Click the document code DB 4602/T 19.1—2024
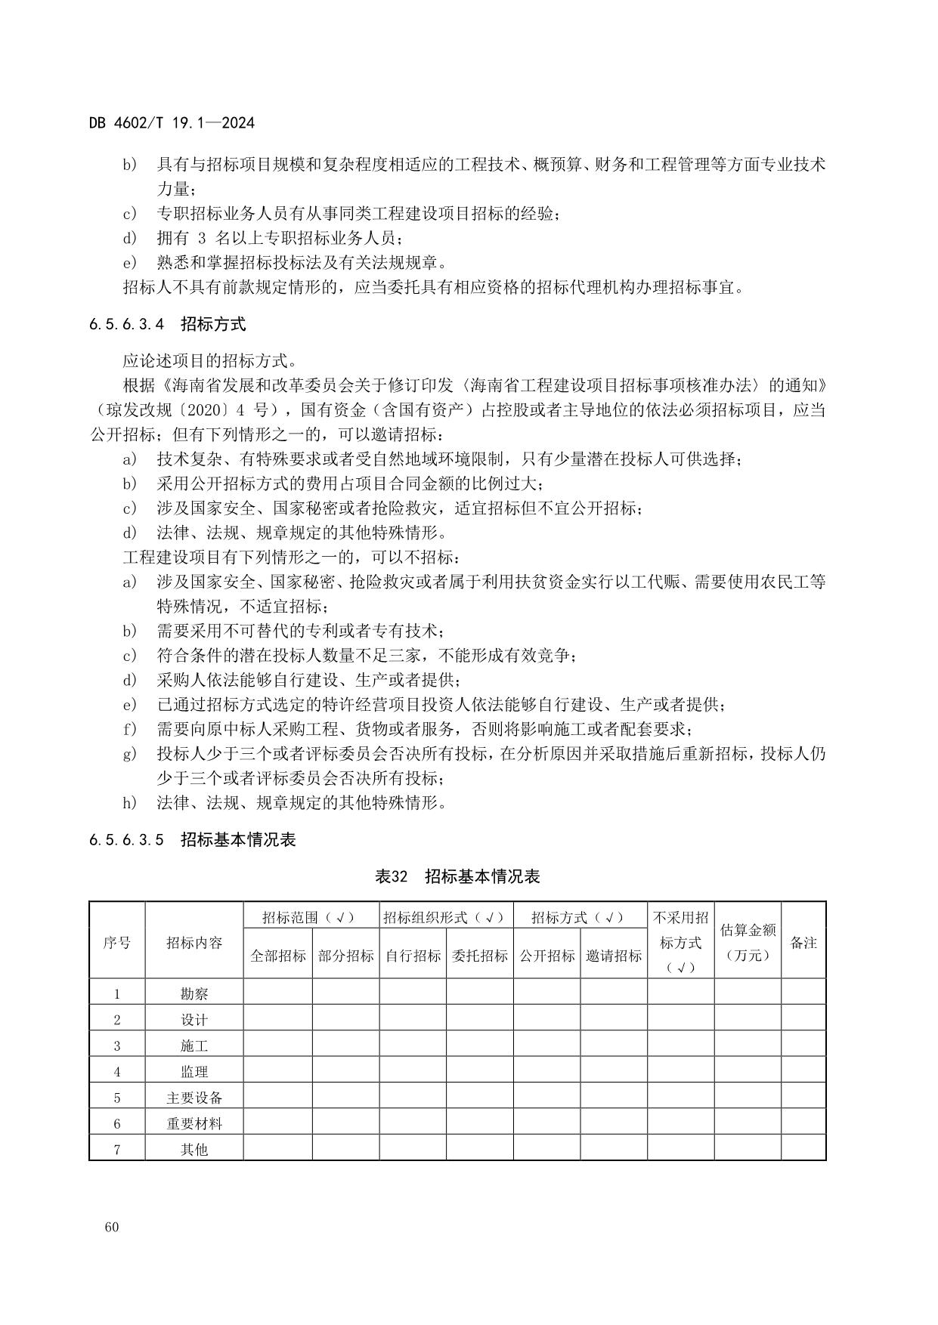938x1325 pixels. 172,122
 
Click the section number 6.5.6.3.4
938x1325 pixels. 126,325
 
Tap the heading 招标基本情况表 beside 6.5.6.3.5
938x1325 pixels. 238,840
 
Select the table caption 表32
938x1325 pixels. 392,876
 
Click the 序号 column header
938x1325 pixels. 116,943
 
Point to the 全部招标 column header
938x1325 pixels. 278,956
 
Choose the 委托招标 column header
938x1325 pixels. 480,956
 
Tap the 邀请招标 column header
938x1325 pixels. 614,956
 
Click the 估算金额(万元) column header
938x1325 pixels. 748,942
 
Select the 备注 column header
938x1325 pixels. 803,943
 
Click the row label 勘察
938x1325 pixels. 194,994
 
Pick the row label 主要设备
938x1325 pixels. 194,1098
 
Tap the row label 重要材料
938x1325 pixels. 194,1123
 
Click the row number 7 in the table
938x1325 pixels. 116,1150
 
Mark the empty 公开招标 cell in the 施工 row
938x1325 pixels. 546,1045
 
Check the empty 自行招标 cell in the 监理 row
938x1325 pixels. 413,1071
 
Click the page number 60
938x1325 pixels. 112,1227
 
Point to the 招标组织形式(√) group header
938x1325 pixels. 446,917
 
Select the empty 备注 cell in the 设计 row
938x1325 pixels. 803,1020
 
